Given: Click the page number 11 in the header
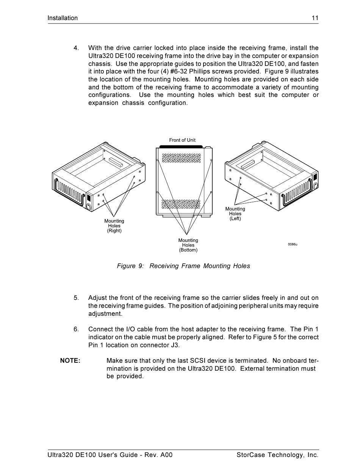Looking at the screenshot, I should click(315, 18).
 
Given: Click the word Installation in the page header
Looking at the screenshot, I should click(63, 18).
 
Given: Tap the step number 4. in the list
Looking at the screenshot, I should click(76, 48).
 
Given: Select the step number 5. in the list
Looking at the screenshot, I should click(76, 298).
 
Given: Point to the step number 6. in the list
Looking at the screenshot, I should click(76, 329).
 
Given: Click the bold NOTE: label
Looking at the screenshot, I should click(70, 361).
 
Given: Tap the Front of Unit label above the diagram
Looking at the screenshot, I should click(182, 140).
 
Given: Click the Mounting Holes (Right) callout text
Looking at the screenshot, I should click(114, 226).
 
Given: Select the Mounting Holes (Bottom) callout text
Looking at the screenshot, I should click(188, 245).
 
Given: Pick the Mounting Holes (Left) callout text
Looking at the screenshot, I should click(235, 214).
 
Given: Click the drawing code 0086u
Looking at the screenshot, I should click(293, 244).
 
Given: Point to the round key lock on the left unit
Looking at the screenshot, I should click(88, 206).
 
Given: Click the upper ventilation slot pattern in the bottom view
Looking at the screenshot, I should click(181, 158).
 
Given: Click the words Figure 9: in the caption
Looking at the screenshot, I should click(130, 266).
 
